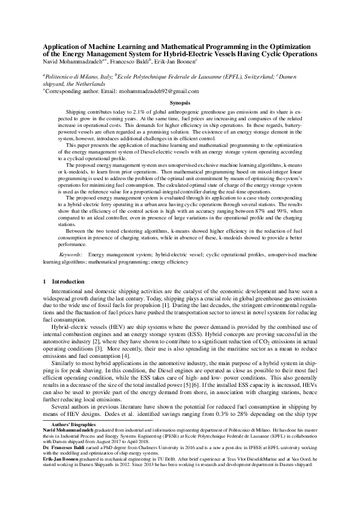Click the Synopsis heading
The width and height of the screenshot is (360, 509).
pyautogui.click(x=180, y=103)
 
